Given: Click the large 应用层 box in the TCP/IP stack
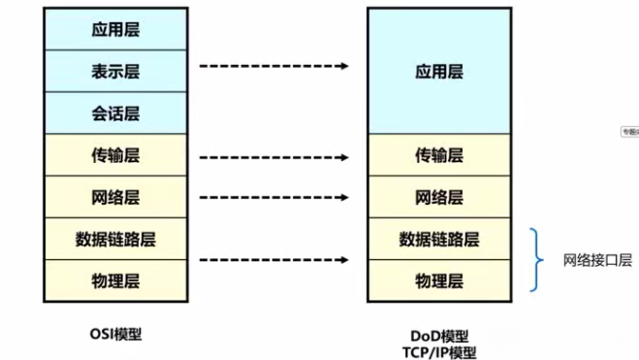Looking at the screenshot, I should (x=438, y=71).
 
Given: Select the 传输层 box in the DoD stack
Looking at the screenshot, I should (x=438, y=155).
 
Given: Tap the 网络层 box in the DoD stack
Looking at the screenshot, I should (x=438, y=197).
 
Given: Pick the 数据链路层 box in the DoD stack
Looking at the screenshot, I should (x=438, y=239).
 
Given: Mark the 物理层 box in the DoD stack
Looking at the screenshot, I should (x=438, y=281).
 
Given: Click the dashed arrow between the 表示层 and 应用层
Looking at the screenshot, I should (x=273, y=66).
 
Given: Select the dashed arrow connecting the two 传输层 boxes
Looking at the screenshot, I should (x=273, y=155).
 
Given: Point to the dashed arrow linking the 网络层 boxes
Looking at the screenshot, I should (x=273, y=197).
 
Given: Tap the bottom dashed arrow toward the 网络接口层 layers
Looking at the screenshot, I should (x=273, y=260).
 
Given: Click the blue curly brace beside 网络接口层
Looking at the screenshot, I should (x=536, y=260).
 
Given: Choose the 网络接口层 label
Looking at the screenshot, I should (x=597, y=260).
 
